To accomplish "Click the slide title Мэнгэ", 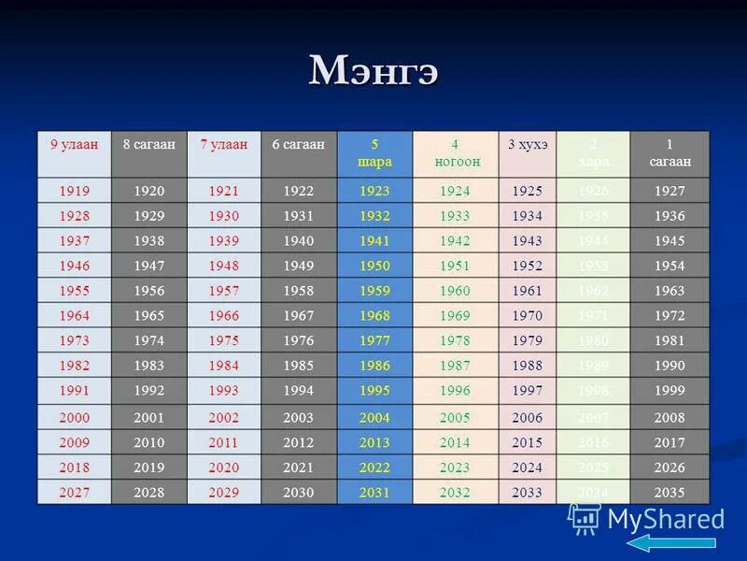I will [373, 71].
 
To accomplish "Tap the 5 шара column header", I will [374, 153].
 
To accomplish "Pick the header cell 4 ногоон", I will [455, 153].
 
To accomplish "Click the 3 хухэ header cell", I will [528, 145].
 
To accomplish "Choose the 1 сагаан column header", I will [669, 153].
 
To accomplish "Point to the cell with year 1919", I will [74, 192].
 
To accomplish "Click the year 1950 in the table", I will [374, 266].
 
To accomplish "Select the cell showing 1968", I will [374, 316].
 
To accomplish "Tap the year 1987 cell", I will [455, 366].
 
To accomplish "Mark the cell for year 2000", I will [74, 418].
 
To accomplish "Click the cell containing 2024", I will [528, 467].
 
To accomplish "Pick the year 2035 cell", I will [669, 493].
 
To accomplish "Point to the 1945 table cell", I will [669, 241].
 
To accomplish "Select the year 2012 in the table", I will [298, 442].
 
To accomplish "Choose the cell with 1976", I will [298, 341].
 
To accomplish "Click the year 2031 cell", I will [374, 493].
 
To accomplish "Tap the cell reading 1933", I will [455, 216].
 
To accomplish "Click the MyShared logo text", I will [665, 519].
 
